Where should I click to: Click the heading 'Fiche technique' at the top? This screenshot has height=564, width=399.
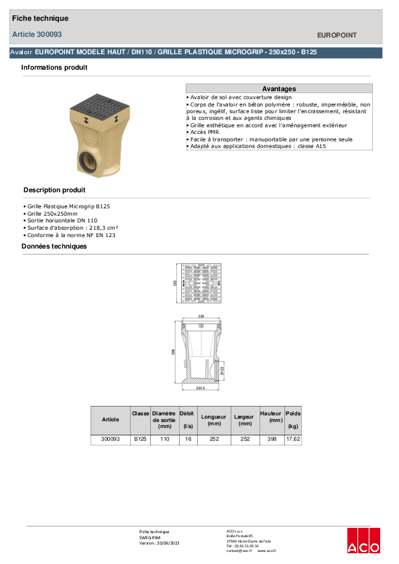click(40, 18)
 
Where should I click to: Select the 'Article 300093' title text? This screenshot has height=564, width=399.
click(37, 34)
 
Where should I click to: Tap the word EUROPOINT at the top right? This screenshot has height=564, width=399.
click(337, 35)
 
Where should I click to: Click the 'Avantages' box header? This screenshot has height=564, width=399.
click(279, 88)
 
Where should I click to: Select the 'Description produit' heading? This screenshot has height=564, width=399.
click(54, 190)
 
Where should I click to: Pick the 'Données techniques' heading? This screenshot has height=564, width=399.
click(54, 246)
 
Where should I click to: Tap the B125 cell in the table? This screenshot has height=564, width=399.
click(139, 439)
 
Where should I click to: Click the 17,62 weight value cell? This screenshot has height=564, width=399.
click(293, 439)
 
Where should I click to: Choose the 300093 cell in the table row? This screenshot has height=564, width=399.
click(110, 439)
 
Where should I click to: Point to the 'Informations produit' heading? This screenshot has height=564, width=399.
click(54, 68)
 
